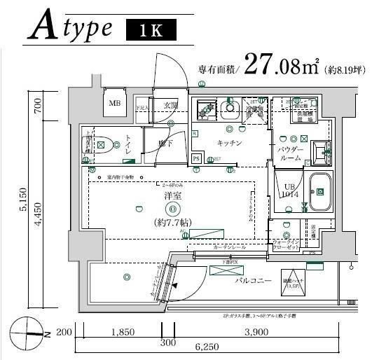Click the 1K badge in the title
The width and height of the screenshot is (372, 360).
point(151,30)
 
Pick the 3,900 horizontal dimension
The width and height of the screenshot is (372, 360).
point(257,331)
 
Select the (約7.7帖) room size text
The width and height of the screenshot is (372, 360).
point(173,222)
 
